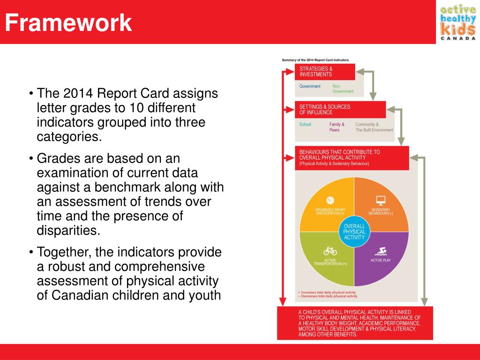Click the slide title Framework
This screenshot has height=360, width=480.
pos(68,23)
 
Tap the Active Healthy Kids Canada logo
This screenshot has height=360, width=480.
pos(457,22)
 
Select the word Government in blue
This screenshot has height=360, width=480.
pos(310,86)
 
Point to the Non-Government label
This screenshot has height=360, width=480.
pos(343,89)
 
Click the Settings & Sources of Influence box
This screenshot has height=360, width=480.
pos(340,110)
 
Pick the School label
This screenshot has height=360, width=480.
pos(305,125)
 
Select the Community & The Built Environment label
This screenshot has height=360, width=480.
pos(374,127)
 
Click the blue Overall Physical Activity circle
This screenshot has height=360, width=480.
pos(354,232)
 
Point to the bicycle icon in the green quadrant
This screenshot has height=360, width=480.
pos(330,251)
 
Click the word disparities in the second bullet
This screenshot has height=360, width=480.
pos(68,230)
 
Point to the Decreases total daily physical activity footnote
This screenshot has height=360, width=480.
pos(328,296)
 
